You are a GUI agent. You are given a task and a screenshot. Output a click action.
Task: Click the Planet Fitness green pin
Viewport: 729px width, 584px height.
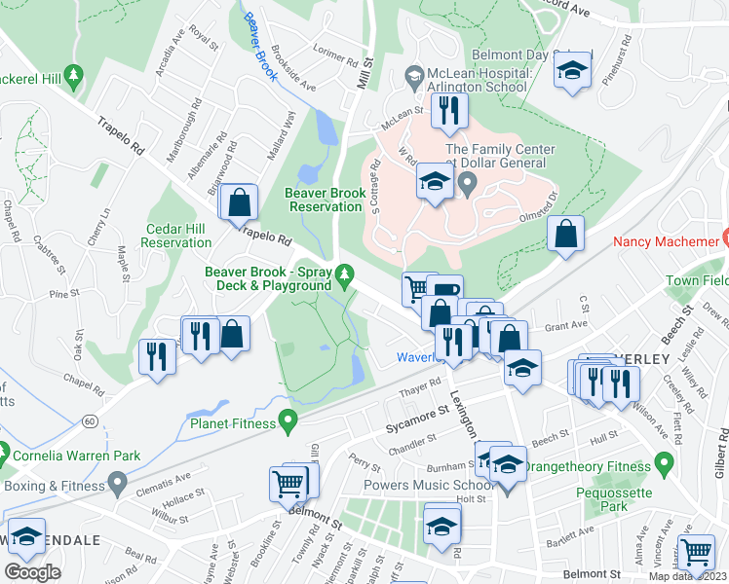coord(287,420)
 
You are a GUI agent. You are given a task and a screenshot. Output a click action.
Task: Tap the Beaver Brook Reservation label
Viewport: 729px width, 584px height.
coord(325,200)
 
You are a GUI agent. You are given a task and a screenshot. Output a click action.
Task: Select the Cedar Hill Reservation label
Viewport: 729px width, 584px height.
coord(176,235)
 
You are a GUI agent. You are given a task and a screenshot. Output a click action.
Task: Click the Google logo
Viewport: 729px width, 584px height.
coord(32,571)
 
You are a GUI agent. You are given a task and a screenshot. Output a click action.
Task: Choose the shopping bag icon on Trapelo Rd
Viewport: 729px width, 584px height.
coord(238,203)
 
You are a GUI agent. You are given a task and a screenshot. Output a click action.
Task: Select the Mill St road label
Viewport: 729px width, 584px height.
coord(366,74)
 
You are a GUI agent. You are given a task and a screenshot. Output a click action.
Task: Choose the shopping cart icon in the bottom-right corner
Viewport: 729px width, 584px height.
coord(697,552)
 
